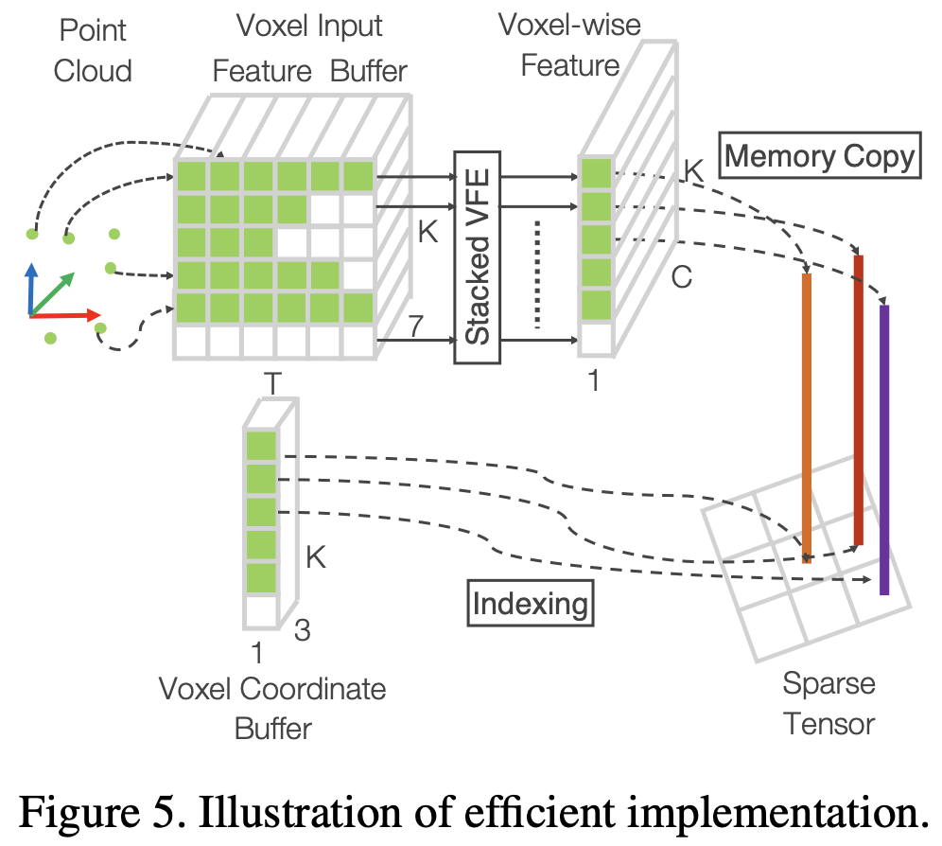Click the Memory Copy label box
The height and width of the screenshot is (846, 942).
(820, 155)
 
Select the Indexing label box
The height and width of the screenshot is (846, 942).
(530, 603)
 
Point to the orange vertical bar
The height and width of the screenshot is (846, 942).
(807, 416)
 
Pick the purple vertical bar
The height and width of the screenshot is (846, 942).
(884, 449)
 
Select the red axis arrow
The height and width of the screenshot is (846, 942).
(66, 313)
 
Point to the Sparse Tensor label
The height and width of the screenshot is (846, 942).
(829, 704)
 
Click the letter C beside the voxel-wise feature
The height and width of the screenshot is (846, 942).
(681, 277)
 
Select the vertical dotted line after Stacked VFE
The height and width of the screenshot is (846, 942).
(537, 274)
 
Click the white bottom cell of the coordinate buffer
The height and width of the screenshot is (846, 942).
(261, 610)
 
